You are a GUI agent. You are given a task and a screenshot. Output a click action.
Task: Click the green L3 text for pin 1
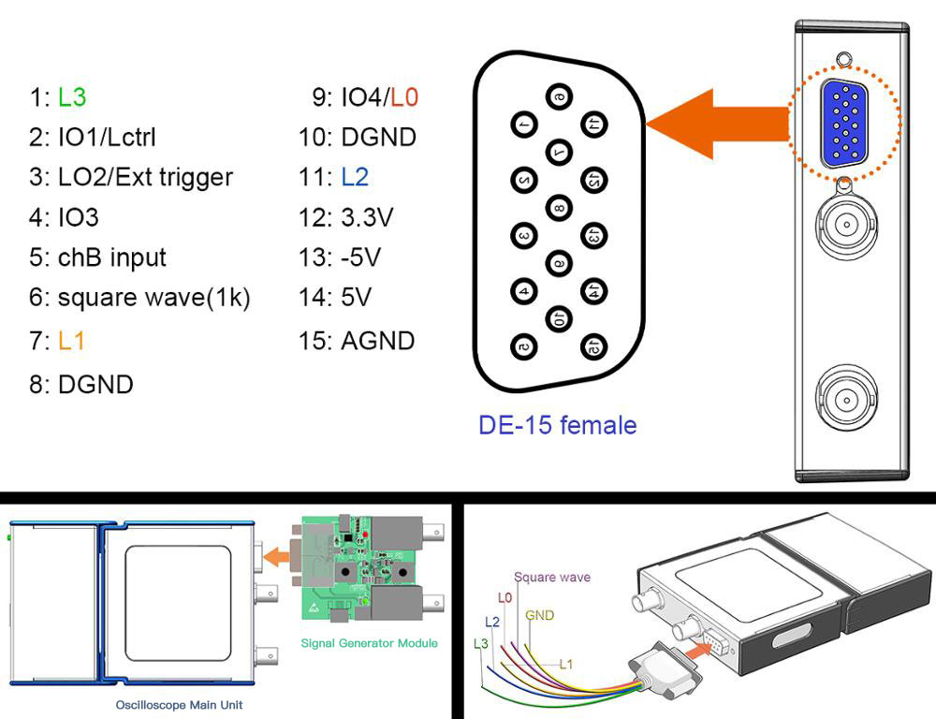[73, 96]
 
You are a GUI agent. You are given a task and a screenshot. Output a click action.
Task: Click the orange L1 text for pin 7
[72, 341]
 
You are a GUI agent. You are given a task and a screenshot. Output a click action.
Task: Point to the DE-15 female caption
[558, 425]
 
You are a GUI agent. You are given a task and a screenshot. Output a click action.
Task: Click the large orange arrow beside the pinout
[716, 123]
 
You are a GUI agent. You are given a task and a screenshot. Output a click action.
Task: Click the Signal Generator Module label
[369, 643]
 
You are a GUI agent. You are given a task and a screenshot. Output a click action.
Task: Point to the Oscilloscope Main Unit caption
[179, 704]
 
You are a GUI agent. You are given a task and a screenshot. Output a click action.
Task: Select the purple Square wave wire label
[552, 577]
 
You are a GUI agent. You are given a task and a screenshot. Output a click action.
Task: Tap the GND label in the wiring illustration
[540, 615]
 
